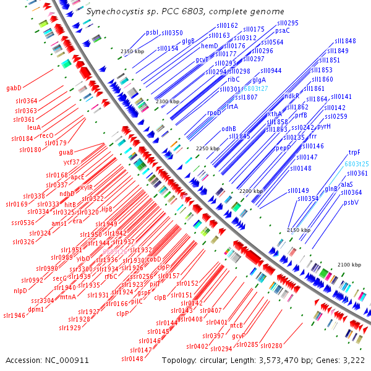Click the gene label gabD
pyautogui.click(x=14, y=88)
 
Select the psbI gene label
pyautogui.click(x=152, y=33)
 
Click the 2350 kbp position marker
pyautogui.click(x=132, y=51)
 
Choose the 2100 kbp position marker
pyautogui.click(x=348, y=265)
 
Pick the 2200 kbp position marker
pyautogui.click(x=251, y=192)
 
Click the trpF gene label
pyautogui.click(x=354, y=151)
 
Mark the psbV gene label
pyautogui.click(x=351, y=202)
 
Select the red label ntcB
pyautogui.click(x=237, y=325)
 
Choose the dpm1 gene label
pyautogui.click(x=36, y=309)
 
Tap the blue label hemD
pyautogui.click(x=209, y=46)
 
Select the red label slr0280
pyautogui.click(x=271, y=345)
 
